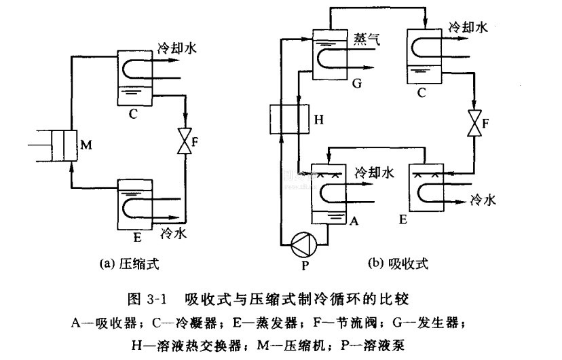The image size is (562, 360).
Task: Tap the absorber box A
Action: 329,194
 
